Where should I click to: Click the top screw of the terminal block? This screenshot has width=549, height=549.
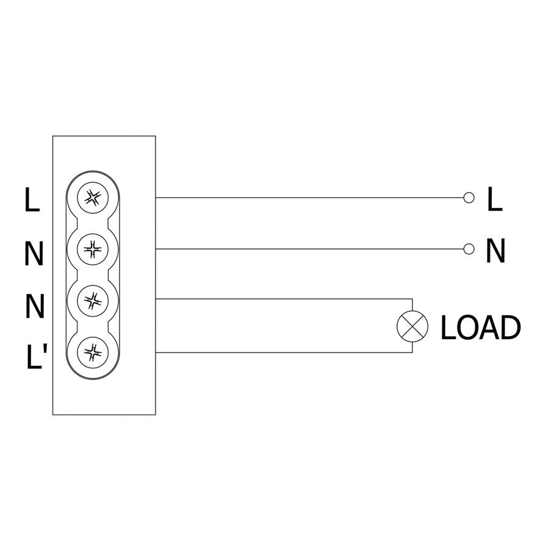coord(93,198)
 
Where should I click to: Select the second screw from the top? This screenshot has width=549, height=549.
coord(93,249)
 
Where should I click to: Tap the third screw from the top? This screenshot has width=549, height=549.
coord(93,300)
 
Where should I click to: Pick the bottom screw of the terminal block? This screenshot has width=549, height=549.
coord(93,352)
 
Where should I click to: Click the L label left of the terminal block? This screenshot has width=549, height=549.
coord(32,199)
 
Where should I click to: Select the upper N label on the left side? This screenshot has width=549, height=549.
coord(34,254)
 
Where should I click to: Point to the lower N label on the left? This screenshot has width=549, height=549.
coord(35,306)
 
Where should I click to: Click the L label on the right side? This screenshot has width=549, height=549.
coord(495,199)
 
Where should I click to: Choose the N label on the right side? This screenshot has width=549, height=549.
coord(496,251)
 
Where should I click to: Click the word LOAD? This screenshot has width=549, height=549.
coord(481,328)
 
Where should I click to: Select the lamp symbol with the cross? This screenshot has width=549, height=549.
coord(412,326)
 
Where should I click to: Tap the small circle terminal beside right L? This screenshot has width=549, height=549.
coord(469,198)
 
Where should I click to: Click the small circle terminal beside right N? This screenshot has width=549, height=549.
coord(469,249)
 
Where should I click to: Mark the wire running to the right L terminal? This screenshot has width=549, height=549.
coord(309,198)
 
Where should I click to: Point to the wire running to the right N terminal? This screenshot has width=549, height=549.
coord(309,249)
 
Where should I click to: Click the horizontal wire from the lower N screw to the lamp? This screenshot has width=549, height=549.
coord(284,299)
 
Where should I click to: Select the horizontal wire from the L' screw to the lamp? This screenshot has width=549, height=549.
coord(284,352)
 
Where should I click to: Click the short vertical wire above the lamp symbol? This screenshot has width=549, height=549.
coord(412,304)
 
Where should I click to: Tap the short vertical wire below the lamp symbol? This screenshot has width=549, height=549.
coord(412,347)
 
